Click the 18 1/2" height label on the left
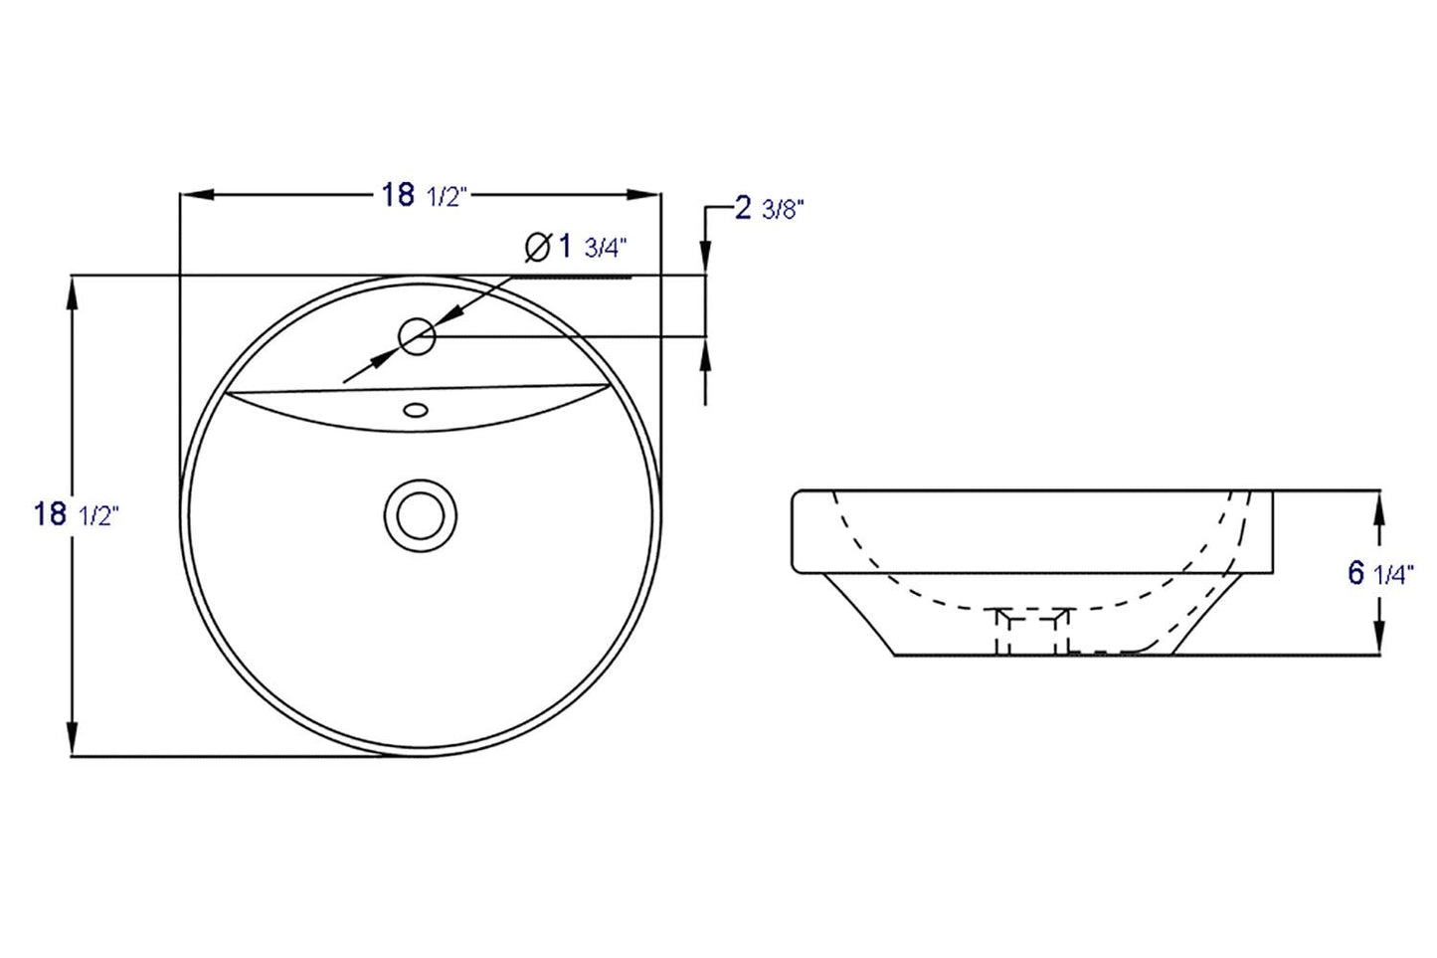pyautogui.click(x=76, y=514)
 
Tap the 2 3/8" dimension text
pyautogui.click(x=768, y=209)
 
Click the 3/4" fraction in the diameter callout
pyautogui.click(x=607, y=248)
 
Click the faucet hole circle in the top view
pyautogui.click(x=417, y=337)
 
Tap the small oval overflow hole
pyautogui.click(x=416, y=408)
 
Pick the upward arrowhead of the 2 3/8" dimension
pyautogui.click(x=706, y=354)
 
